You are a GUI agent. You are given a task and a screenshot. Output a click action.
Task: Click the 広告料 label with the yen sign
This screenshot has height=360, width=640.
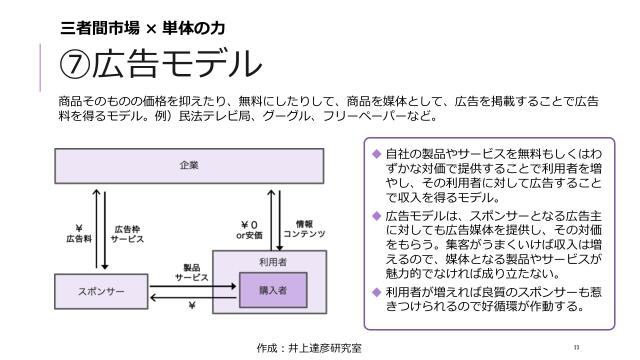[x=78, y=234]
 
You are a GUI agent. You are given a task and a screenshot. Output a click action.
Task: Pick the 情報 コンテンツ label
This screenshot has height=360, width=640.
[x=304, y=229]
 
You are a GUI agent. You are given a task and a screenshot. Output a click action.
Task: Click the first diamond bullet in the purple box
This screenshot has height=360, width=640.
[x=376, y=156]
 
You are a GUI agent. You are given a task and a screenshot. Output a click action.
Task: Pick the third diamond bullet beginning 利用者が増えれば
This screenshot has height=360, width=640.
[x=376, y=290]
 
